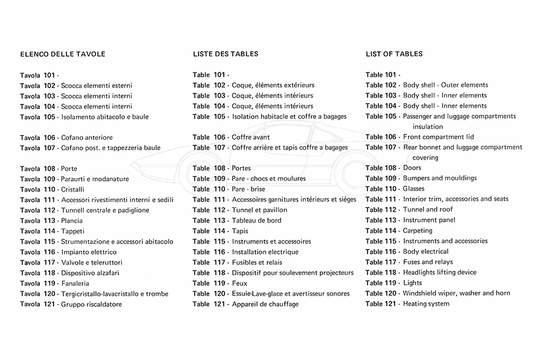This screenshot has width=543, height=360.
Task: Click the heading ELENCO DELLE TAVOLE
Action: coord(63,54)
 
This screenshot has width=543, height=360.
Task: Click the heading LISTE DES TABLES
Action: coord(226,54)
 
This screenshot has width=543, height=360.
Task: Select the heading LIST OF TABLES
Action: coord(394,54)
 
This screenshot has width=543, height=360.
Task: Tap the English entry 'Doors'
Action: coord(412,168)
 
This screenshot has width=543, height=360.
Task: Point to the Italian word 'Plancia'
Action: coord(72,221)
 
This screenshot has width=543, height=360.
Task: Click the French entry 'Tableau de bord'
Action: coord(256,220)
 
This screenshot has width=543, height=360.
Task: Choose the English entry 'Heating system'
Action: coord(426,303)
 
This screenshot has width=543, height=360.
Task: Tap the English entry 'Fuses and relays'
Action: coord(428,262)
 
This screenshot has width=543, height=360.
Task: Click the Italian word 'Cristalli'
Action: coord(73,189)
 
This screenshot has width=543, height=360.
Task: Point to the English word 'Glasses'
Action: coord(414,189)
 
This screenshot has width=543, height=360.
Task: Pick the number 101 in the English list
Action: coord(391,75)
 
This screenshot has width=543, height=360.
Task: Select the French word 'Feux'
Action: coord(240,283)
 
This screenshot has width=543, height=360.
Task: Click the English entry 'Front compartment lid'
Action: coord(439,137)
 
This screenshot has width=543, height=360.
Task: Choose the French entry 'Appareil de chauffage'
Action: coord(265,304)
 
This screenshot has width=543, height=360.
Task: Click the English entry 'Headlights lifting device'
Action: coord(440,272)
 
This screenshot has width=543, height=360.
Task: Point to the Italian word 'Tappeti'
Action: coord(73,231)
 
